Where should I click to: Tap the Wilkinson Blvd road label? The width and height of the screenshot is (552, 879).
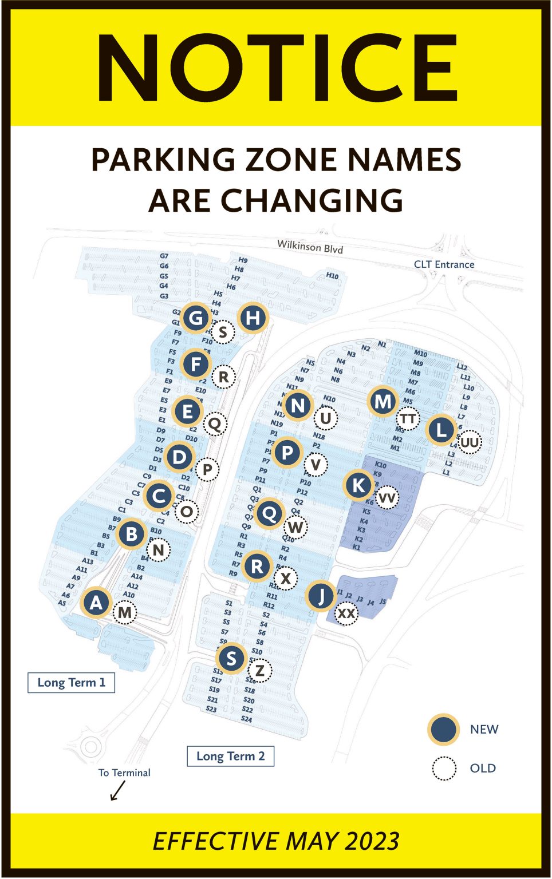point(310,247)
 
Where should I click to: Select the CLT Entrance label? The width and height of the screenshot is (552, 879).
point(444,264)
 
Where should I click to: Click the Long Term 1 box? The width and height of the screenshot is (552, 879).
point(71,682)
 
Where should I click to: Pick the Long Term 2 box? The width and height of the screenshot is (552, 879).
point(230,756)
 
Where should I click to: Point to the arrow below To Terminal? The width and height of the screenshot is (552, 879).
point(117,791)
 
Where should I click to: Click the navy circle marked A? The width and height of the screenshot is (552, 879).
point(96,602)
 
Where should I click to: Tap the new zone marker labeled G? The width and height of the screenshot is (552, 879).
point(196,318)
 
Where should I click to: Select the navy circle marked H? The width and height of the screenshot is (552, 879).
point(253,318)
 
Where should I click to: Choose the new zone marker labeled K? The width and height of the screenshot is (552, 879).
point(358,485)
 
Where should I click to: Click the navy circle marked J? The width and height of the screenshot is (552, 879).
point(321,596)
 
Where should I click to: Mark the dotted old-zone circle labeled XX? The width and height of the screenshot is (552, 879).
point(346,613)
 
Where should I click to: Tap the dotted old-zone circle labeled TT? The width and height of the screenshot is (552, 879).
point(408,419)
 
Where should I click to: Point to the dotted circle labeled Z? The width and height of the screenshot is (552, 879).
point(260,670)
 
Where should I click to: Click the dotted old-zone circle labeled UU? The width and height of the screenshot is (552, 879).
point(470,442)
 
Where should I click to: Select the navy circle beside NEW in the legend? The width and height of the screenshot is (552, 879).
point(443,730)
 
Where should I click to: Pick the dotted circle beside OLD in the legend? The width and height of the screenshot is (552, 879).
point(444,769)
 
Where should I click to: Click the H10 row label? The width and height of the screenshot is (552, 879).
point(332,276)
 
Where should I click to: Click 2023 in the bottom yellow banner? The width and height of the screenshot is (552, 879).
point(372,841)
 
